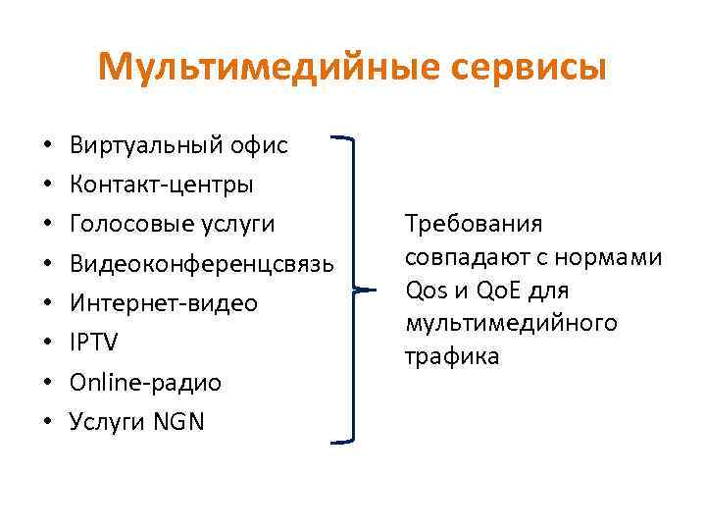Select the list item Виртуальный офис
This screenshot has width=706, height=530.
pyautogui.click(x=178, y=145)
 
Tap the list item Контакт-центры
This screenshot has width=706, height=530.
pyautogui.click(x=162, y=185)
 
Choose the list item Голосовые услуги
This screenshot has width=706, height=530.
pyautogui.click(x=173, y=225)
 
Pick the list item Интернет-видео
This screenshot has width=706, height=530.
pyautogui.click(x=164, y=303)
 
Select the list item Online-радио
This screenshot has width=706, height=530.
pyautogui.click(x=145, y=383)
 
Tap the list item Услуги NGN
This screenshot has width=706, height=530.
pyautogui.click(x=137, y=422)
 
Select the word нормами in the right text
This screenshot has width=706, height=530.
pyautogui.click(x=617, y=257)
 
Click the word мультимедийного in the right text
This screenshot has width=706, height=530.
pyautogui.click(x=510, y=323)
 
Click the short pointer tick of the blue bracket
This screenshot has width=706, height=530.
pyautogui.click(x=366, y=291)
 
